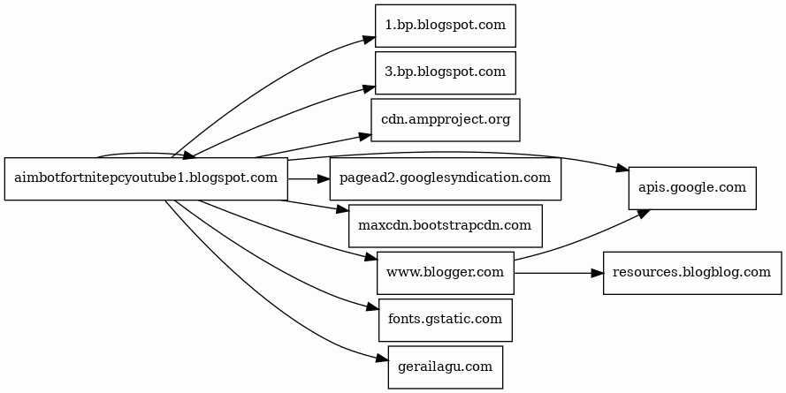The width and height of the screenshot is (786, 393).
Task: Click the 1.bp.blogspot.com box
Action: pos(445,26)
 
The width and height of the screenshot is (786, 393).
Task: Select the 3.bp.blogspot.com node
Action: pos(445,72)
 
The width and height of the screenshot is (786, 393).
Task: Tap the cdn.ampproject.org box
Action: pos(445,119)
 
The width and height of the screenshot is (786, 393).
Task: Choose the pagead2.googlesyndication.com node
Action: pos(445,178)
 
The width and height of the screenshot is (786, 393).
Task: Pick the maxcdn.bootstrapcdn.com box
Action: pos(445,226)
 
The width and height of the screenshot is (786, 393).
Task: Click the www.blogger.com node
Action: pos(445,273)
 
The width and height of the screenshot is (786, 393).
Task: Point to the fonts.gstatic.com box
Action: pos(445,320)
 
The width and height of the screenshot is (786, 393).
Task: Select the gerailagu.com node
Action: pos(445,367)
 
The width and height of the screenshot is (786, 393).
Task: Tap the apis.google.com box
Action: pos(692,188)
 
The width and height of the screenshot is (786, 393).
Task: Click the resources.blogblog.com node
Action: pos(692,273)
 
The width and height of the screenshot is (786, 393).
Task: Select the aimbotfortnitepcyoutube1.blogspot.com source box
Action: pos(146,178)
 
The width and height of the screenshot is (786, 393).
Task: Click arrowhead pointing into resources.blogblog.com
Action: pos(597,273)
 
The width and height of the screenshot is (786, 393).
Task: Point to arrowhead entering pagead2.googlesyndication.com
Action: pos(324,178)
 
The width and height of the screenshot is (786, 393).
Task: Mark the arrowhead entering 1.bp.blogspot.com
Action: pos(370,40)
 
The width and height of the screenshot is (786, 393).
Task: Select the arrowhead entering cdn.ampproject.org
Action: pos(364,135)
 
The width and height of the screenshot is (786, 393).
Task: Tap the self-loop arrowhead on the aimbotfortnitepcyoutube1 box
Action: pos(189,156)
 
